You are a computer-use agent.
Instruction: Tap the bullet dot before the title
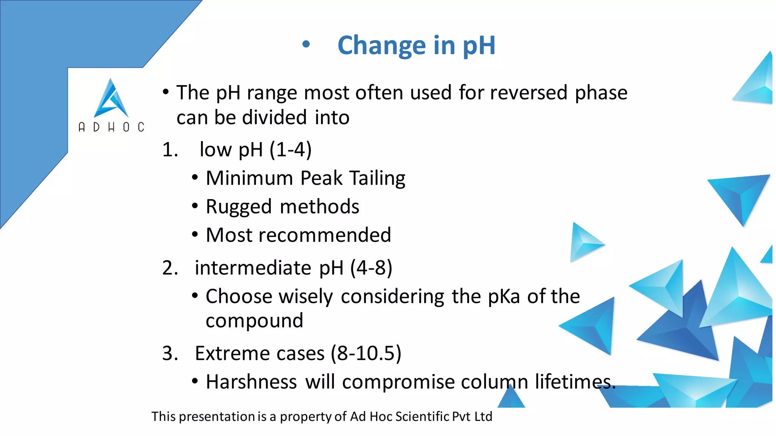tap(306, 45)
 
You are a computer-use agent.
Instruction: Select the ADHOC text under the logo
tap(111, 127)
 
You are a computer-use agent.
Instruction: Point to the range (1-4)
tap(291, 149)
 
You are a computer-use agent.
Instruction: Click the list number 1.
tap(169, 150)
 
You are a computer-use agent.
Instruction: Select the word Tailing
tap(377, 178)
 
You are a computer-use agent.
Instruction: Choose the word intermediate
tap(253, 268)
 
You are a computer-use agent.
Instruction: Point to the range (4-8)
tap(371, 268)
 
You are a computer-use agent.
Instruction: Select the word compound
tap(254, 321)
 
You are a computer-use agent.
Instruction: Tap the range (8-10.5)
tap(366, 353)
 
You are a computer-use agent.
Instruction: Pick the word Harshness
tap(251, 382)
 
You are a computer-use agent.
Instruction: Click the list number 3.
tap(169, 353)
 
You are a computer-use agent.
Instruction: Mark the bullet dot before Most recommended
tap(195, 235)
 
